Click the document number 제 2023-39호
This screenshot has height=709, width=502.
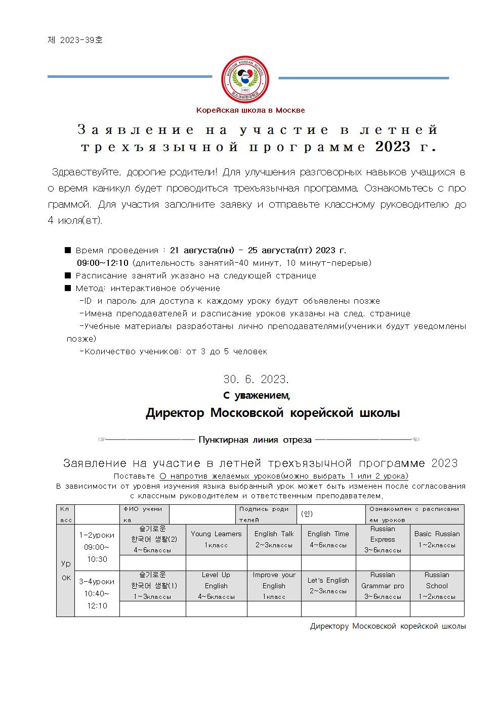(x=75, y=40)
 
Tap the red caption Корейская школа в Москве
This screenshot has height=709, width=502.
(x=250, y=110)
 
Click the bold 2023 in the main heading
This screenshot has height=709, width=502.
(x=393, y=147)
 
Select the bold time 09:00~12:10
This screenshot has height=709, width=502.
(x=103, y=263)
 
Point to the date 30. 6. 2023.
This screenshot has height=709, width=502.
(x=256, y=379)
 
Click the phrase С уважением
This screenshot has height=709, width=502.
(x=257, y=395)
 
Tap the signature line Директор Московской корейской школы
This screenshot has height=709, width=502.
(x=273, y=413)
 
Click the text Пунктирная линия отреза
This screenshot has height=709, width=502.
(x=255, y=440)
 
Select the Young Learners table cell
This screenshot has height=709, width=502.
(x=216, y=539)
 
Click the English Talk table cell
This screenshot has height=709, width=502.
(x=274, y=539)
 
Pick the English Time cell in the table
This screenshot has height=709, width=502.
(x=328, y=539)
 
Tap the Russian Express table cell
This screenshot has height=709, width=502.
(x=383, y=539)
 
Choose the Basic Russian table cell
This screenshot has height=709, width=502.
(x=437, y=539)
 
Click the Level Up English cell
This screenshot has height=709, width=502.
(x=216, y=586)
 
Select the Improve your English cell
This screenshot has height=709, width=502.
(x=274, y=586)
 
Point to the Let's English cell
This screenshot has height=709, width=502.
(x=328, y=586)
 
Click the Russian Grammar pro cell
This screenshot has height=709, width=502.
(x=383, y=586)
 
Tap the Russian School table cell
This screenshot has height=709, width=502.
(x=437, y=586)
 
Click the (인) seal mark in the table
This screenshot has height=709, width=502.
(x=307, y=514)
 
